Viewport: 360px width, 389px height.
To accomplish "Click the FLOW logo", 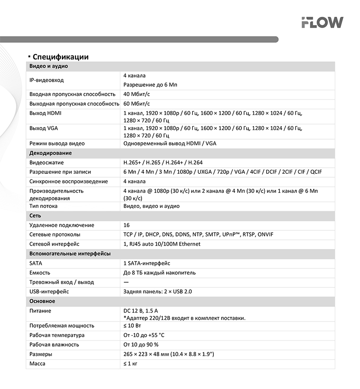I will (x=322, y=22).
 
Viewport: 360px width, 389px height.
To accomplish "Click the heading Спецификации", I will (x=61, y=57).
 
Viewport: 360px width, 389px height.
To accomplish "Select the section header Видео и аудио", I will (x=48, y=66).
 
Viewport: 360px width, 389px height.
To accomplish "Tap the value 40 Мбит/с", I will (x=137, y=94).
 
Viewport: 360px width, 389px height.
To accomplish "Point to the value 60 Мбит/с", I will (x=137, y=104).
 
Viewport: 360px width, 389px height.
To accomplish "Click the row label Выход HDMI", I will (x=45, y=113).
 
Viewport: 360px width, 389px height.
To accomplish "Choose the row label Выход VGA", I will (x=44, y=128).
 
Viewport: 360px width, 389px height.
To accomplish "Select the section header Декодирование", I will (x=51, y=153).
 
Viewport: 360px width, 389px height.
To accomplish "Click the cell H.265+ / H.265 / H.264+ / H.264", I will (x=163, y=163).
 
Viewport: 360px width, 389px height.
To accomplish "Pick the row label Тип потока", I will (x=43, y=206).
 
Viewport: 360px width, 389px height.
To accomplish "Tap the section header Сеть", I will (x=35, y=215).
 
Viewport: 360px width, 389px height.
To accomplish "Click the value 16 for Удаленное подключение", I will (x=126, y=225).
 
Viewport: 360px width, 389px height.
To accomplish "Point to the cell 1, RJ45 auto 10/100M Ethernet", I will (x=162, y=244).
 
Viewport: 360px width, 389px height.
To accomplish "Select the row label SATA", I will (x=36, y=263).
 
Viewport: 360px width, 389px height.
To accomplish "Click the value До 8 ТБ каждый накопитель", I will (x=159, y=273).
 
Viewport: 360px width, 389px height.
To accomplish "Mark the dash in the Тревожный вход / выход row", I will (x=126, y=282).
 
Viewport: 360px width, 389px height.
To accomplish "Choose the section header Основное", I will (x=42, y=301).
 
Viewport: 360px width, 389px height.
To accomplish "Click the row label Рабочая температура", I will (x=57, y=335).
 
